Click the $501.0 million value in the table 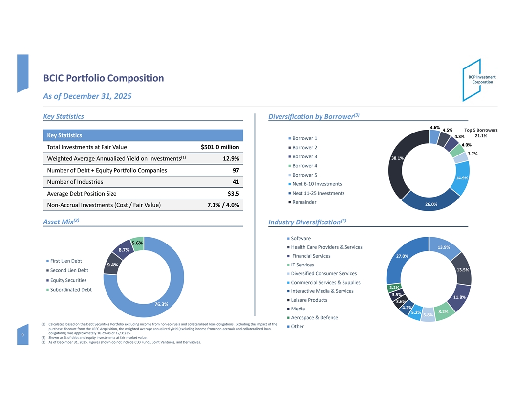[x=219, y=147]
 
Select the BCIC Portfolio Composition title [x=104, y=78]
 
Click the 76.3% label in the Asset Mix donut [x=161, y=305]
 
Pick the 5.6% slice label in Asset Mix [x=137, y=243]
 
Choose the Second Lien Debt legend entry [x=69, y=270]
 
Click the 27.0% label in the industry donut [x=402, y=256]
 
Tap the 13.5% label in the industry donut [x=462, y=270]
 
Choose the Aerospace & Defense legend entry [x=314, y=318]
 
